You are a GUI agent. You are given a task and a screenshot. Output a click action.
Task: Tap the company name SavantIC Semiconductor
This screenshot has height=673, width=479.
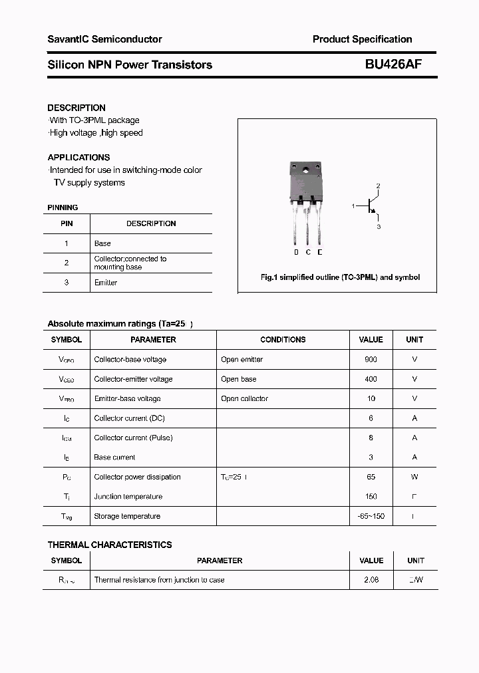(x=104, y=39)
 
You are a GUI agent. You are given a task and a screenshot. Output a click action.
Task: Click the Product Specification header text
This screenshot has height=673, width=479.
(x=362, y=39)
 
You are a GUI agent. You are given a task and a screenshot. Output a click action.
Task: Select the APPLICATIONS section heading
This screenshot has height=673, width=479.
(x=79, y=158)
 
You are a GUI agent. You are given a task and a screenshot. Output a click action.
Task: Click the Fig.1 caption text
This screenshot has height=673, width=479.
(x=340, y=277)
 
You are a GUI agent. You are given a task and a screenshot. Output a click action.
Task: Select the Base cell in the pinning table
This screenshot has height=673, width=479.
(x=102, y=243)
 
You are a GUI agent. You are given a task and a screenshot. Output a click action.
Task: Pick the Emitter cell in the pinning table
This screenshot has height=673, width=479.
(x=106, y=283)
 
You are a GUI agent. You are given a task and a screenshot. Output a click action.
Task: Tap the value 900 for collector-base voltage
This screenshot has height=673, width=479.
(x=371, y=359)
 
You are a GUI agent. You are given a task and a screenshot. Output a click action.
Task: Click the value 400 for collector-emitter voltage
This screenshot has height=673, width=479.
(x=371, y=379)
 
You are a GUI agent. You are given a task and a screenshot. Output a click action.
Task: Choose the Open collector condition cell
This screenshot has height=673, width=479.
(x=245, y=398)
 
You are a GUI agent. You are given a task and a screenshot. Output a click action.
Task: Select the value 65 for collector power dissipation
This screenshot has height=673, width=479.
(x=371, y=477)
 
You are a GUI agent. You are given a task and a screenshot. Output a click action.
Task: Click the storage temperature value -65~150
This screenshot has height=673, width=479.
(x=371, y=516)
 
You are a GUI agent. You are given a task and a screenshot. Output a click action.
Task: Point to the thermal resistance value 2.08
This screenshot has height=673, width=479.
(x=371, y=580)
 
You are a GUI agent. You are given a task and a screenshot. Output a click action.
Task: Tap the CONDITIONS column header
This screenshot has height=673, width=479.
(x=283, y=340)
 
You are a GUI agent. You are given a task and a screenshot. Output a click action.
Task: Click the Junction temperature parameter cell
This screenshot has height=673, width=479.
(x=128, y=497)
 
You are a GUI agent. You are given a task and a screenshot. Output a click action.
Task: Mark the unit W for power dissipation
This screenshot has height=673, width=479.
(x=414, y=477)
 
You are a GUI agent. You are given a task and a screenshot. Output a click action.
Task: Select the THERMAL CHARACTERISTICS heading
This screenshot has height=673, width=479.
(x=110, y=545)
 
